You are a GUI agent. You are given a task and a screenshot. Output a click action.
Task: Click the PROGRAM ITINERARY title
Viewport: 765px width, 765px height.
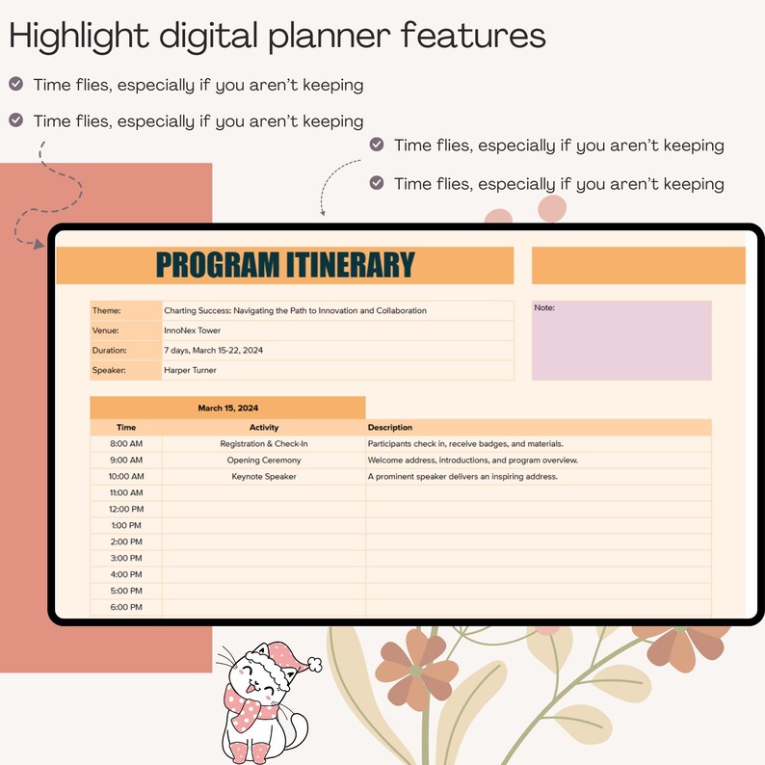pyautogui.click(x=284, y=265)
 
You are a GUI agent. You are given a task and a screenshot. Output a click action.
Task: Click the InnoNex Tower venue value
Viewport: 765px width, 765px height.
pyautogui.click(x=193, y=330)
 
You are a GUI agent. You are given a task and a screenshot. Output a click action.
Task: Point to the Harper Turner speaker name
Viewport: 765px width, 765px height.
pyautogui.click(x=190, y=370)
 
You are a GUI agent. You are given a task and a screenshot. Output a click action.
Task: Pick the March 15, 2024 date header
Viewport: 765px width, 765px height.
pyautogui.click(x=227, y=408)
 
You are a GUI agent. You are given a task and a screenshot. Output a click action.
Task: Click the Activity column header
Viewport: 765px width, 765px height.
pyautogui.click(x=263, y=427)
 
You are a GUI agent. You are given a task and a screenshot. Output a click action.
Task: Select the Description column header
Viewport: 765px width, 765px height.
pyautogui.click(x=389, y=427)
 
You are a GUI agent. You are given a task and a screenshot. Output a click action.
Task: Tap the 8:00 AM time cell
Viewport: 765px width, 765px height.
pyautogui.click(x=126, y=444)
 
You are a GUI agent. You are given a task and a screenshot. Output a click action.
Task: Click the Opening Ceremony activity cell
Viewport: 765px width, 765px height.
pyautogui.click(x=263, y=461)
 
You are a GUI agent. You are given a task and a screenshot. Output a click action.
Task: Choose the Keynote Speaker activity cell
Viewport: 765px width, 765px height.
pyautogui.click(x=263, y=477)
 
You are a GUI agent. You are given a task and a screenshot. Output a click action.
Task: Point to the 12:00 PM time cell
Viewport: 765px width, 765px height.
pyautogui.click(x=126, y=509)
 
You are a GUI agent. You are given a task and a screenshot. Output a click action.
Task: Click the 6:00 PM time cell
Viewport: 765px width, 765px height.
pyautogui.click(x=126, y=607)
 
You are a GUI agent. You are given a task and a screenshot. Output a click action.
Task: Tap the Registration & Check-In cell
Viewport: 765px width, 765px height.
pyautogui.click(x=263, y=444)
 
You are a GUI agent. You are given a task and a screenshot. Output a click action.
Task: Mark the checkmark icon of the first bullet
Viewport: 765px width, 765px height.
pyautogui.click(x=15, y=84)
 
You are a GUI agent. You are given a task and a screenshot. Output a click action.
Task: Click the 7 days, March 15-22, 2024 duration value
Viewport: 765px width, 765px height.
pyautogui.click(x=213, y=351)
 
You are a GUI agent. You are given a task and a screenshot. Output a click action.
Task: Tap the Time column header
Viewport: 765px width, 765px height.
pyautogui.click(x=126, y=427)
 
